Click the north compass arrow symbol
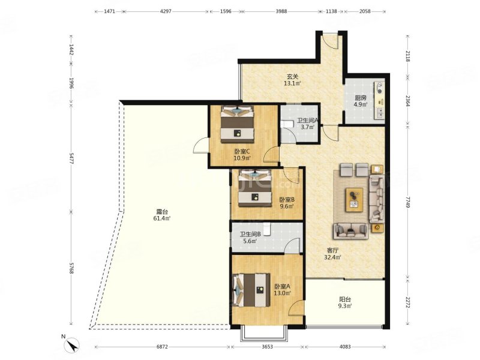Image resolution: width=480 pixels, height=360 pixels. tap(73, 346)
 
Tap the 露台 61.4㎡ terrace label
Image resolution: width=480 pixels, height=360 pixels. tap(161, 215)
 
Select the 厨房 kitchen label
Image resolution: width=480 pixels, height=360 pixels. tap(361, 98)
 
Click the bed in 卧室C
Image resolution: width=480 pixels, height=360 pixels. tap(237, 124)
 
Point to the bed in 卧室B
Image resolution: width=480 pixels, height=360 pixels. tap(255, 188)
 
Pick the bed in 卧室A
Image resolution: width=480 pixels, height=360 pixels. tap(251, 290)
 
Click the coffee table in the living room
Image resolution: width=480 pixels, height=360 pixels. tap(354, 200)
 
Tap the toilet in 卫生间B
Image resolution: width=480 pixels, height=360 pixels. tap(267, 229)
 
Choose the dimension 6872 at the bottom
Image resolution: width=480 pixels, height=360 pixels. tap(162, 347)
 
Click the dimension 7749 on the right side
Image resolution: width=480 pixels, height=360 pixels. tap(407, 202)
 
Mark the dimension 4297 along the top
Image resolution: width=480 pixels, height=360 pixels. tap(166, 11)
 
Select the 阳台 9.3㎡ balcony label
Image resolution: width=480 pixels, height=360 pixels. tap(345, 302)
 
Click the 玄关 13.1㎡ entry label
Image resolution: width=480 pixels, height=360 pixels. tap(292, 80)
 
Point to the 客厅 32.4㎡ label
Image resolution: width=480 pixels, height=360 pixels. tap(333, 254)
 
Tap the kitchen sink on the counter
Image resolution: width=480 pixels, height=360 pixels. tap(380, 113)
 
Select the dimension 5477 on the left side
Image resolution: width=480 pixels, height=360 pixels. tap(71, 158)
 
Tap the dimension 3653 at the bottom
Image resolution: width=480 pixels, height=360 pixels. tap(267, 347)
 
